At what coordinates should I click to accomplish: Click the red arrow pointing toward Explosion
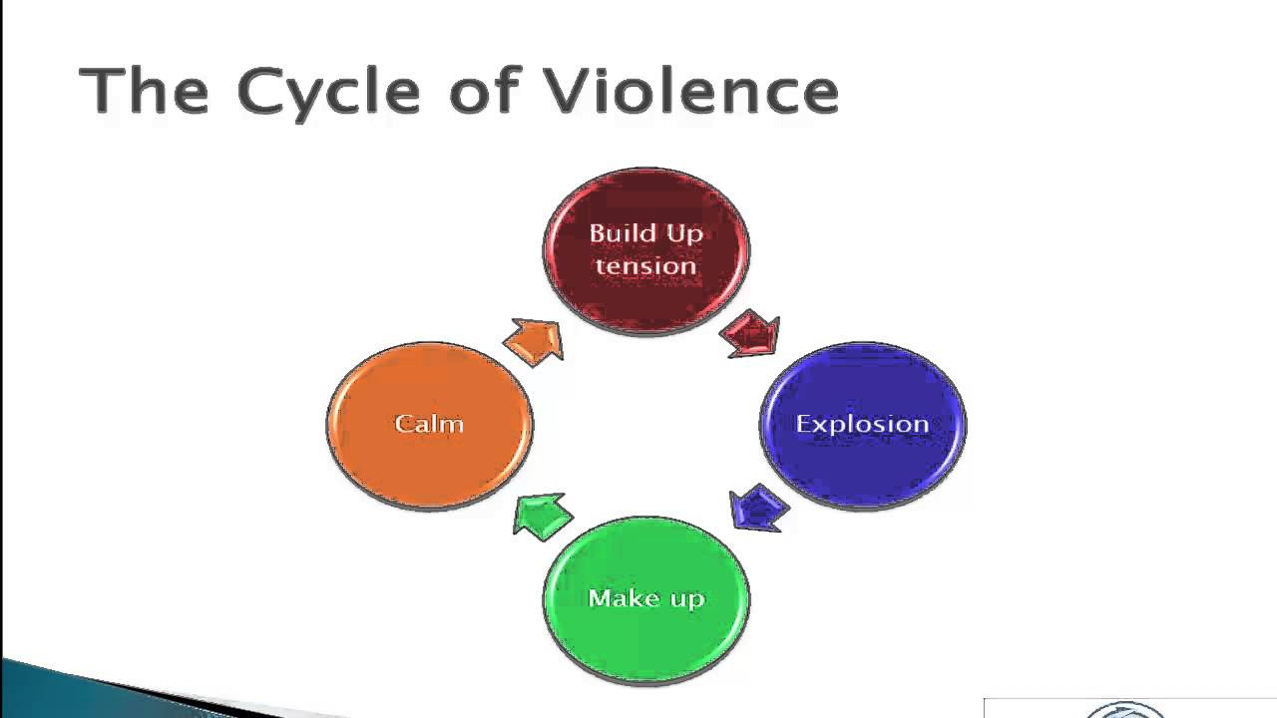(750, 333)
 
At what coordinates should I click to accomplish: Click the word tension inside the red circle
(646, 266)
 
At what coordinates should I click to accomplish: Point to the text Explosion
(862, 424)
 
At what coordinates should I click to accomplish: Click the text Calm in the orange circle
(429, 424)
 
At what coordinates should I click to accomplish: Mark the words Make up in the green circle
(646, 598)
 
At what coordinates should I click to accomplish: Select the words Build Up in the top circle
(646, 234)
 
